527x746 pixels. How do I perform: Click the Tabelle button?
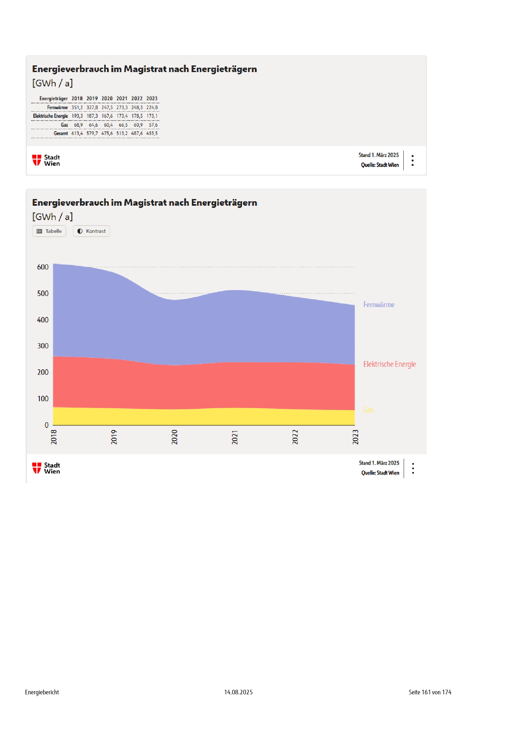click(49, 231)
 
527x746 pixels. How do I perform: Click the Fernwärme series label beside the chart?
click(379, 305)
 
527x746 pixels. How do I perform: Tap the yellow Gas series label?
click(368, 410)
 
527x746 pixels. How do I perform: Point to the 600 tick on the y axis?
click(43, 267)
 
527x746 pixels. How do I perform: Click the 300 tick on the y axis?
click(43, 346)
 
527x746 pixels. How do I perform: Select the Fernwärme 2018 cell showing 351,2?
click(77, 107)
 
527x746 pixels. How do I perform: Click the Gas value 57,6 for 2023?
click(153, 125)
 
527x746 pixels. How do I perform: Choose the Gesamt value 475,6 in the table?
click(107, 134)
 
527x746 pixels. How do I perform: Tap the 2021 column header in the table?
click(122, 99)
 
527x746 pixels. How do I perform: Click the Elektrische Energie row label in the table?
click(50, 116)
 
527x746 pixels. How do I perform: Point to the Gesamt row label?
click(61, 134)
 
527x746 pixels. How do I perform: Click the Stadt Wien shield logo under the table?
click(37, 160)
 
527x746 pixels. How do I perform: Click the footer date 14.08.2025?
click(238, 692)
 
